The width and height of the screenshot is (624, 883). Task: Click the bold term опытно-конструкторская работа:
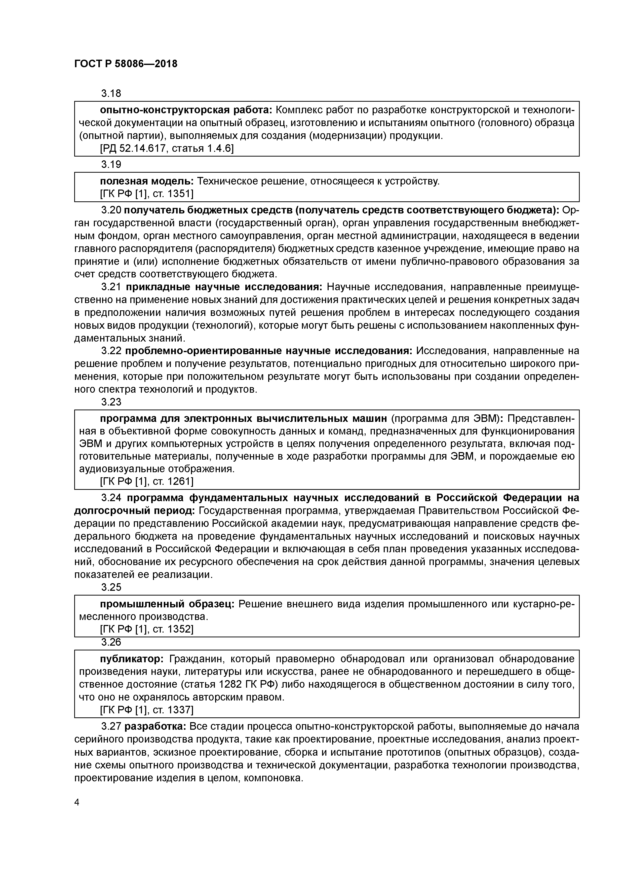click(186, 110)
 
